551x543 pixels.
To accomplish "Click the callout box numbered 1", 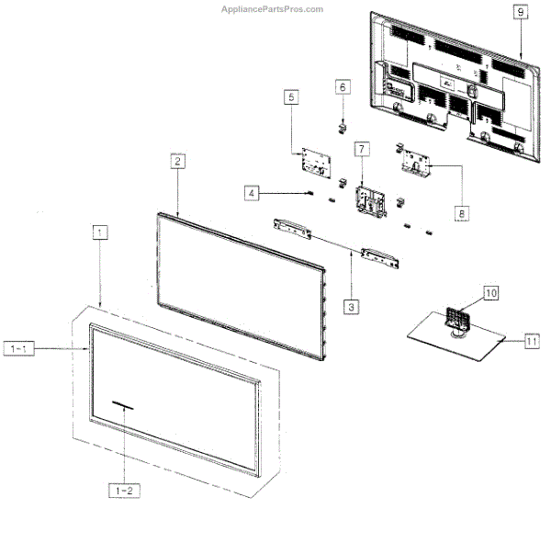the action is [99, 232].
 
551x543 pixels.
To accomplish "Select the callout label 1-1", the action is [19, 349].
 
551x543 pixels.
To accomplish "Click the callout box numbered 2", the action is [178, 160].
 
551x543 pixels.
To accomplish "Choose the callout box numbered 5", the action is [291, 96].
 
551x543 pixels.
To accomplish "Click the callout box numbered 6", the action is [343, 86].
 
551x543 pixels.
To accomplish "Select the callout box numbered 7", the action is [362, 148].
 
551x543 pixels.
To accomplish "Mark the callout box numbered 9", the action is [520, 13].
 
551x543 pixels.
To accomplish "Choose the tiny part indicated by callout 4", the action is [310, 193].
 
